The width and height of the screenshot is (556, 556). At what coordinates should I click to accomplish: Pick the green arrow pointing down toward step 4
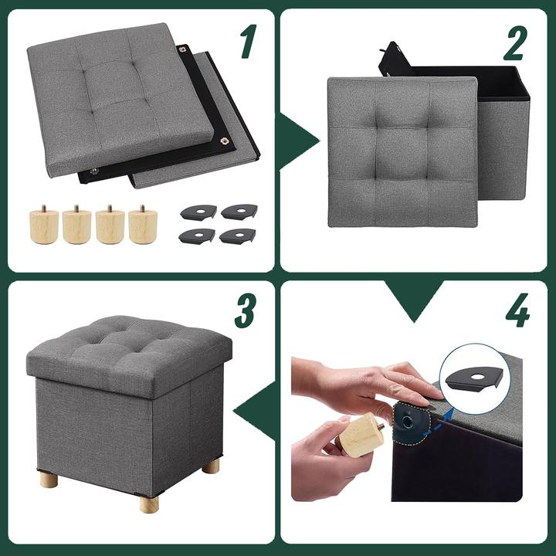coord(415,298)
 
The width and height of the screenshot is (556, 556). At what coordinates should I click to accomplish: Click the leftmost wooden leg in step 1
coord(44,225)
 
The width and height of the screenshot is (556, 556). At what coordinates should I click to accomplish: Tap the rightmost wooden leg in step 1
coord(142,225)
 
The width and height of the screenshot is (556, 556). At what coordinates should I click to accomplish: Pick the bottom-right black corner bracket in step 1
coord(238,236)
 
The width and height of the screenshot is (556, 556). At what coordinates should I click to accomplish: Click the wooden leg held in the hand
coord(361,435)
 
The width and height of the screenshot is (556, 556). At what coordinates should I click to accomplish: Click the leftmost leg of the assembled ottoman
coord(49,480)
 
